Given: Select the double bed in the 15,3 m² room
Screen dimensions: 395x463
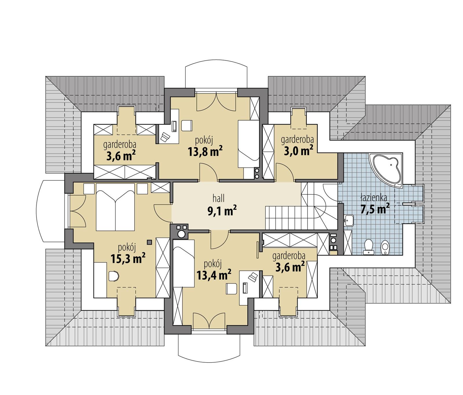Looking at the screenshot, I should click(x=115, y=207).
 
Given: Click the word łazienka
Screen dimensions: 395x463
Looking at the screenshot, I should click(x=374, y=198).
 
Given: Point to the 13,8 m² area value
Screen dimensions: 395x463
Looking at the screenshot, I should click(x=205, y=151).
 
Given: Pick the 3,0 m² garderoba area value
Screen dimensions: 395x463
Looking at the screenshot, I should click(x=298, y=151).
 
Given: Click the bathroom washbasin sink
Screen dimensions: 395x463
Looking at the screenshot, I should click(x=349, y=220).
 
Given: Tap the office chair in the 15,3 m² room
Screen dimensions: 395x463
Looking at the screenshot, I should click(x=114, y=276).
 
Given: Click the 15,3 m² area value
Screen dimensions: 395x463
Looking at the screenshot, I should click(x=128, y=259).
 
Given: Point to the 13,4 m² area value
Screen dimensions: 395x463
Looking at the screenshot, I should click(x=214, y=275).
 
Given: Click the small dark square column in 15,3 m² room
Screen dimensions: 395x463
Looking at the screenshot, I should click(x=150, y=242).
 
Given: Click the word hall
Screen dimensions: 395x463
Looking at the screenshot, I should click(x=218, y=199).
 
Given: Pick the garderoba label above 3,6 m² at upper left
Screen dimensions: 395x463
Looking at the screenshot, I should click(x=120, y=144).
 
